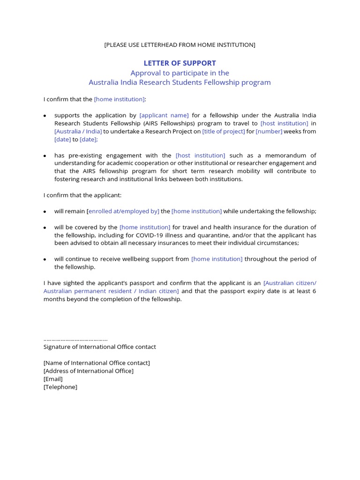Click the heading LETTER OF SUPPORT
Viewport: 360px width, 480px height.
(x=180, y=63)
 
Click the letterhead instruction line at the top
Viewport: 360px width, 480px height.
(x=180, y=45)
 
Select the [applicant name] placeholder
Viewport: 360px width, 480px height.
(x=164, y=115)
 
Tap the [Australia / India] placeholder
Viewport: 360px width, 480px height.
(x=78, y=131)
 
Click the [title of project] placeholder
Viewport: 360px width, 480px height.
(x=224, y=131)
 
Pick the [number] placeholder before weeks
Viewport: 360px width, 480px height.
(x=269, y=131)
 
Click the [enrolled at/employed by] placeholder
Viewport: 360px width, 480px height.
(x=123, y=211)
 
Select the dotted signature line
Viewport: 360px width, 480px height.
(x=75, y=339)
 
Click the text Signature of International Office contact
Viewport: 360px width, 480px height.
(x=99, y=347)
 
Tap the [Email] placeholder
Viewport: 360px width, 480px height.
(x=53, y=379)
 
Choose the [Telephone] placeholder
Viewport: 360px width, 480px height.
(x=60, y=387)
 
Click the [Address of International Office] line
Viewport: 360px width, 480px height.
(x=88, y=371)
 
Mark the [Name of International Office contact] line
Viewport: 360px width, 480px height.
(x=97, y=363)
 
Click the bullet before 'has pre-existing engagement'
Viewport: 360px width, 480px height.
(x=45, y=156)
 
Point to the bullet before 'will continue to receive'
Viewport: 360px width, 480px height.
(x=45, y=259)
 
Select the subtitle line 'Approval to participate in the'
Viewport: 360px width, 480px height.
(x=180, y=73)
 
